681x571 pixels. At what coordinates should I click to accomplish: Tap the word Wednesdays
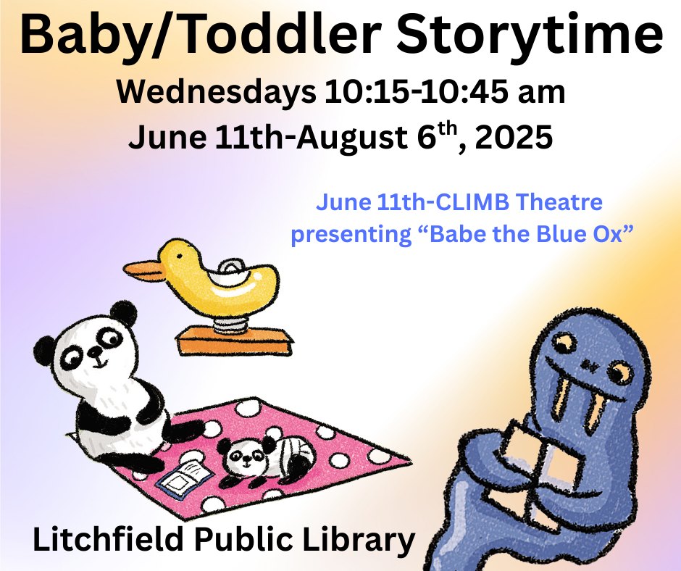(x=217, y=93)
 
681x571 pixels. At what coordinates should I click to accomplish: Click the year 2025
(x=514, y=138)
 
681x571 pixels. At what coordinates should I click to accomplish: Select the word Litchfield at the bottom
(x=109, y=539)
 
